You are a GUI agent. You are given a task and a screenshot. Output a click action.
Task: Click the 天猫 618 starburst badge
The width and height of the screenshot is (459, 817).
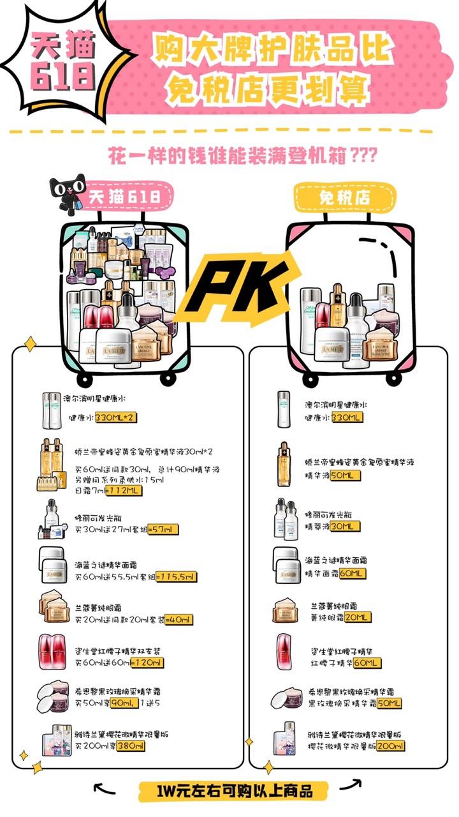coord(55,59)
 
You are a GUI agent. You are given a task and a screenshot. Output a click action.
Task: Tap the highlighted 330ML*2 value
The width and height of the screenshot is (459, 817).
coord(115,418)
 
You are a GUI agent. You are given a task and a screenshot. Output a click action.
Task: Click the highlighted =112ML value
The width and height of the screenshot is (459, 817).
coord(124,491)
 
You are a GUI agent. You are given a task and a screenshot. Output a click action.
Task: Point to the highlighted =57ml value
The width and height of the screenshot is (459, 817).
coord(163,529)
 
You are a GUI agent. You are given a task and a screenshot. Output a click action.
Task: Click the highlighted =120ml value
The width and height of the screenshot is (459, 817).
coord(147,663)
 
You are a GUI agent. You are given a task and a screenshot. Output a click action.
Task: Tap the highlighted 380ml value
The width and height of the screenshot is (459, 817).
coord(129,746)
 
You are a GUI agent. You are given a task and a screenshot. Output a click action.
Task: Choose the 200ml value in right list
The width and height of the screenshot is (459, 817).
coord(391,746)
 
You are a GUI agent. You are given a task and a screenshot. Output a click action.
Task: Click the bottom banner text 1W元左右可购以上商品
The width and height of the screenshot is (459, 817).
coord(234,792)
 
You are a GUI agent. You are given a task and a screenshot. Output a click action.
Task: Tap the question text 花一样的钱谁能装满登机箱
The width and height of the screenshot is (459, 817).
coord(242,155)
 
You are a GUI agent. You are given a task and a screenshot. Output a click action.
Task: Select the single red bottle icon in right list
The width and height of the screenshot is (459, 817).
coord(285,651)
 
